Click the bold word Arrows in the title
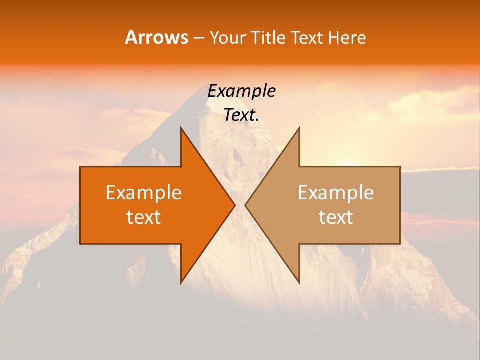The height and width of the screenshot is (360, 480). [156, 37]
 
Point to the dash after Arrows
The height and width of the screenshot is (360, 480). [198, 38]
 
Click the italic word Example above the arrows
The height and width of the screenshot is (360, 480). [241, 91]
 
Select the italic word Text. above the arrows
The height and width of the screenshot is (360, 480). [241, 115]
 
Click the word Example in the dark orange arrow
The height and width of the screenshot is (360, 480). [143, 193]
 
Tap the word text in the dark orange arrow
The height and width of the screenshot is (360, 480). [143, 217]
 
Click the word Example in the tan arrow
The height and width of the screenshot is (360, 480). [336, 193]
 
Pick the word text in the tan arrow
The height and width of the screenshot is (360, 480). [336, 217]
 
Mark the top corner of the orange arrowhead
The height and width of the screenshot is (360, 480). [181, 128]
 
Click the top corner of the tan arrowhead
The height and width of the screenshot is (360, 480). [298, 128]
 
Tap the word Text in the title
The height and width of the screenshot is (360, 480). [307, 37]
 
